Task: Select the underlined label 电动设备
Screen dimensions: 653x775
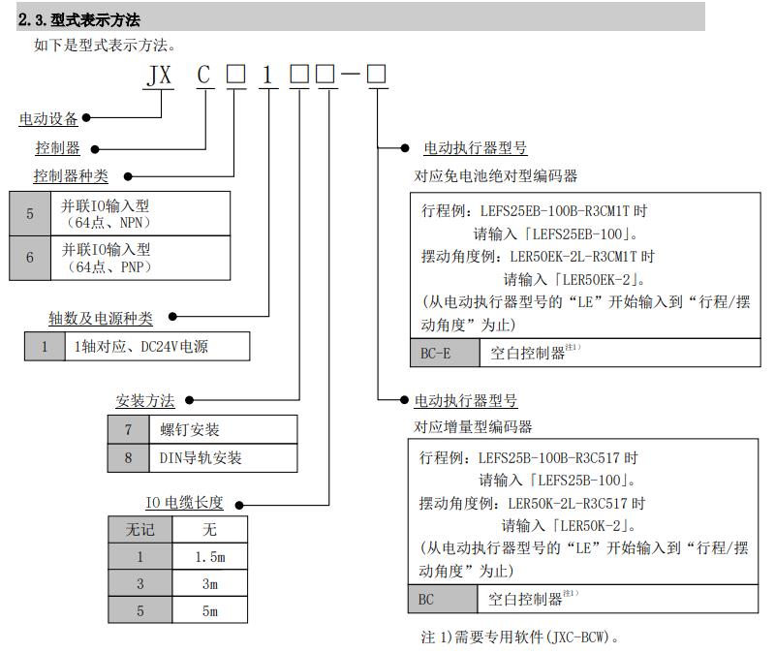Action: (x=48, y=119)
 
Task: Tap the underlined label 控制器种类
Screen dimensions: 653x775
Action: (x=71, y=176)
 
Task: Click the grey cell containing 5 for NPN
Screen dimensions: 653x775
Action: (x=30, y=213)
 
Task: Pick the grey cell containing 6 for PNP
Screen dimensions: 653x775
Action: (x=30, y=258)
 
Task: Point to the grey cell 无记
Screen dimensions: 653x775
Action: (x=140, y=529)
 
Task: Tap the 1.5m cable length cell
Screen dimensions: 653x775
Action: (x=209, y=557)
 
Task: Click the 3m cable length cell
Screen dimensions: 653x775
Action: (x=209, y=584)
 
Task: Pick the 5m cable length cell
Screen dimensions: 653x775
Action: (x=209, y=611)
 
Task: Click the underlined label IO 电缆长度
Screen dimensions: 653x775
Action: (x=184, y=503)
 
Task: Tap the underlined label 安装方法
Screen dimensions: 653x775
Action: (x=145, y=400)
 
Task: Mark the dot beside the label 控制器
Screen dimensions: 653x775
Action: (x=94, y=149)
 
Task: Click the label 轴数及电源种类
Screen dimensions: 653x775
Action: (x=101, y=317)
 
